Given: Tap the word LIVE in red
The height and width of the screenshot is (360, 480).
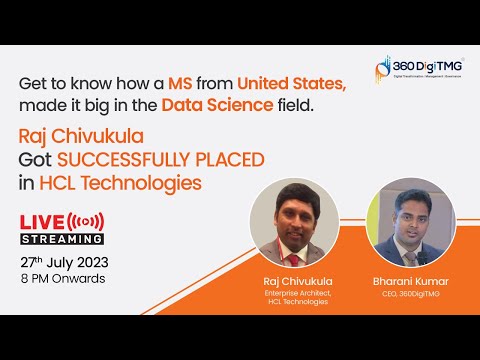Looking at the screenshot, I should [42, 220].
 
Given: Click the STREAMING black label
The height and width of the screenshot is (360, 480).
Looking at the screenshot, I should [62, 238].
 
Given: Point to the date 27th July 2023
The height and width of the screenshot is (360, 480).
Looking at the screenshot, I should [65, 262].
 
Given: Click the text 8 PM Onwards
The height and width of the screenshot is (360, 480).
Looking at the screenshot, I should [63, 279].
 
